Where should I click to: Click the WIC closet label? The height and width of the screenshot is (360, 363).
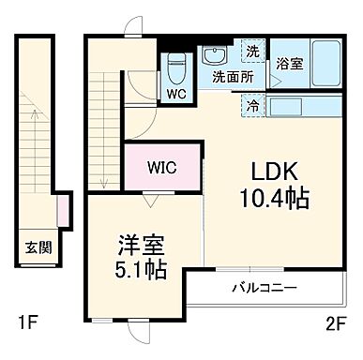click(160, 169)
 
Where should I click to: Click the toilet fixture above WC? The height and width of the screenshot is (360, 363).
click(175, 67)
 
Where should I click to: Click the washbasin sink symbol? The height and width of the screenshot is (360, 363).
click(215, 53)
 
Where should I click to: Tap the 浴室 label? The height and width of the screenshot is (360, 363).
click(289, 65)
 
